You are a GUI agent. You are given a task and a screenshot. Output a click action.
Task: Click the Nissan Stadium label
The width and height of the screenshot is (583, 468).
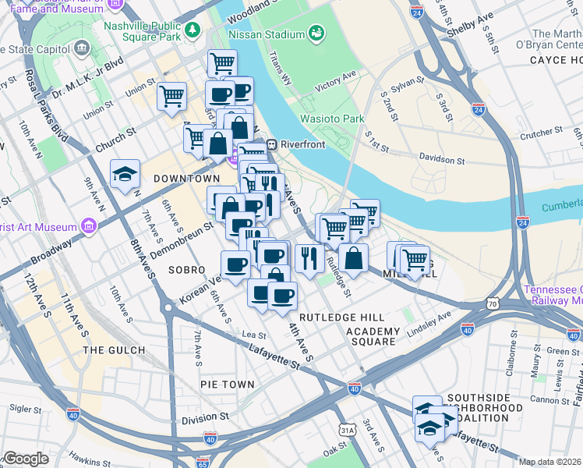point(266,34)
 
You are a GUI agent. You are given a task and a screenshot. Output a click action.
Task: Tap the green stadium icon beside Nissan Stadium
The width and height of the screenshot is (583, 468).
point(316,34)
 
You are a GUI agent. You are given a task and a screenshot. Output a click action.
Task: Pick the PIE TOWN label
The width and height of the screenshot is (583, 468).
point(227,385)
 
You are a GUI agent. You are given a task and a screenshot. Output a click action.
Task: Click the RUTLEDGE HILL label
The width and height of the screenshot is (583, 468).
point(342,317)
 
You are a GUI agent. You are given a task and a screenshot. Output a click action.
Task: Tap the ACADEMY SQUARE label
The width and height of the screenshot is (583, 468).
point(373,337)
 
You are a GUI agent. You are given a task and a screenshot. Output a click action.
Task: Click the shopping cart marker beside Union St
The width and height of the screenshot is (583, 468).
point(171,97)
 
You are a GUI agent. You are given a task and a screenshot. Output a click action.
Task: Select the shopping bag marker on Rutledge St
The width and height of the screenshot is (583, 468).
point(353,259)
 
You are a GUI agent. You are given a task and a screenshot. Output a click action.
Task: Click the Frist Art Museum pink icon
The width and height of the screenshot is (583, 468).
point(89,227)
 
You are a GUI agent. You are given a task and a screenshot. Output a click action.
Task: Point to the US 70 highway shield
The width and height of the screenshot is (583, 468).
point(491,302)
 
